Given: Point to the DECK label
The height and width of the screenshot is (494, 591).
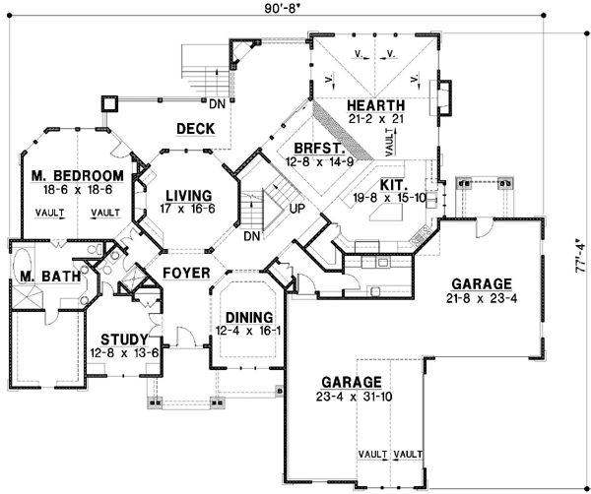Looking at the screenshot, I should tap(196, 128).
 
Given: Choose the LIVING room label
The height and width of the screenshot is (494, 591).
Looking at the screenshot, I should tap(189, 194).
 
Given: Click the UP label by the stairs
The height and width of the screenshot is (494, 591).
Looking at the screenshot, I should tap(295, 208).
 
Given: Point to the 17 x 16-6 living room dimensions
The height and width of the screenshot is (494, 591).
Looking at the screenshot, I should tap(189, 208).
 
